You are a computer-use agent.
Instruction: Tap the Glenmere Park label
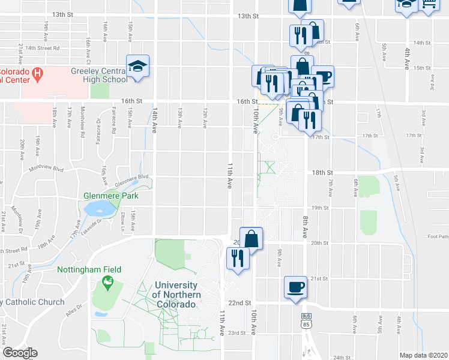111,196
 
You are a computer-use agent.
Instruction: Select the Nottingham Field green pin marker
107,281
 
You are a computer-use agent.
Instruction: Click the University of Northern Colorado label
175,295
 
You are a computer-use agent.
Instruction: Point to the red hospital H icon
38,74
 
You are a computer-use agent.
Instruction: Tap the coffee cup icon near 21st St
295,287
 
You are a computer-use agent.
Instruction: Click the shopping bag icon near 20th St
251,238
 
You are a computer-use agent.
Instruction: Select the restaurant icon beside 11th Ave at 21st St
238,259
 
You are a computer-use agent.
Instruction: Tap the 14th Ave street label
154,121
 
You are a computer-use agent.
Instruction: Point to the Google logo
20,352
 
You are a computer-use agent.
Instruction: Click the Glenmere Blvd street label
131,178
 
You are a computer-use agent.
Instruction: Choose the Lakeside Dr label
101,223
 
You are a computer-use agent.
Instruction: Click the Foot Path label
438,236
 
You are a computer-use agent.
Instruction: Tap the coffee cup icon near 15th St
322,76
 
